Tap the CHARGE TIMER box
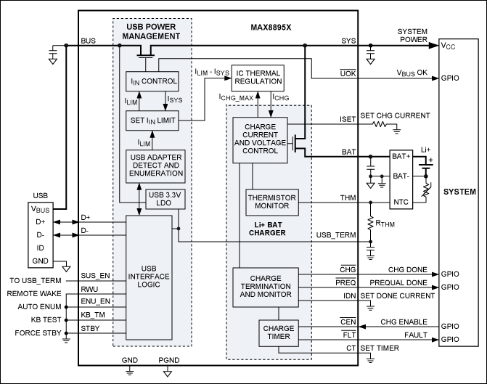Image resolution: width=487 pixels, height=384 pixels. point(279,332)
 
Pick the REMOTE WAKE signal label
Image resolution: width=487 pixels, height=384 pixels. point(35,293)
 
